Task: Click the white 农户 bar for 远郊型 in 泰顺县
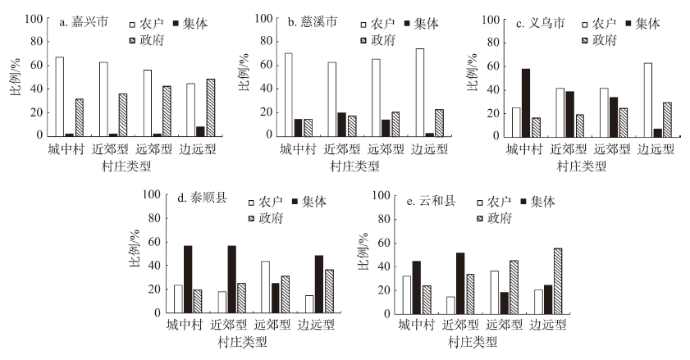pyautogui.click(x=266, y=286)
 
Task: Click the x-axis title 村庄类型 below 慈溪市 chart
pyautogui.click(x=355, y=165)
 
